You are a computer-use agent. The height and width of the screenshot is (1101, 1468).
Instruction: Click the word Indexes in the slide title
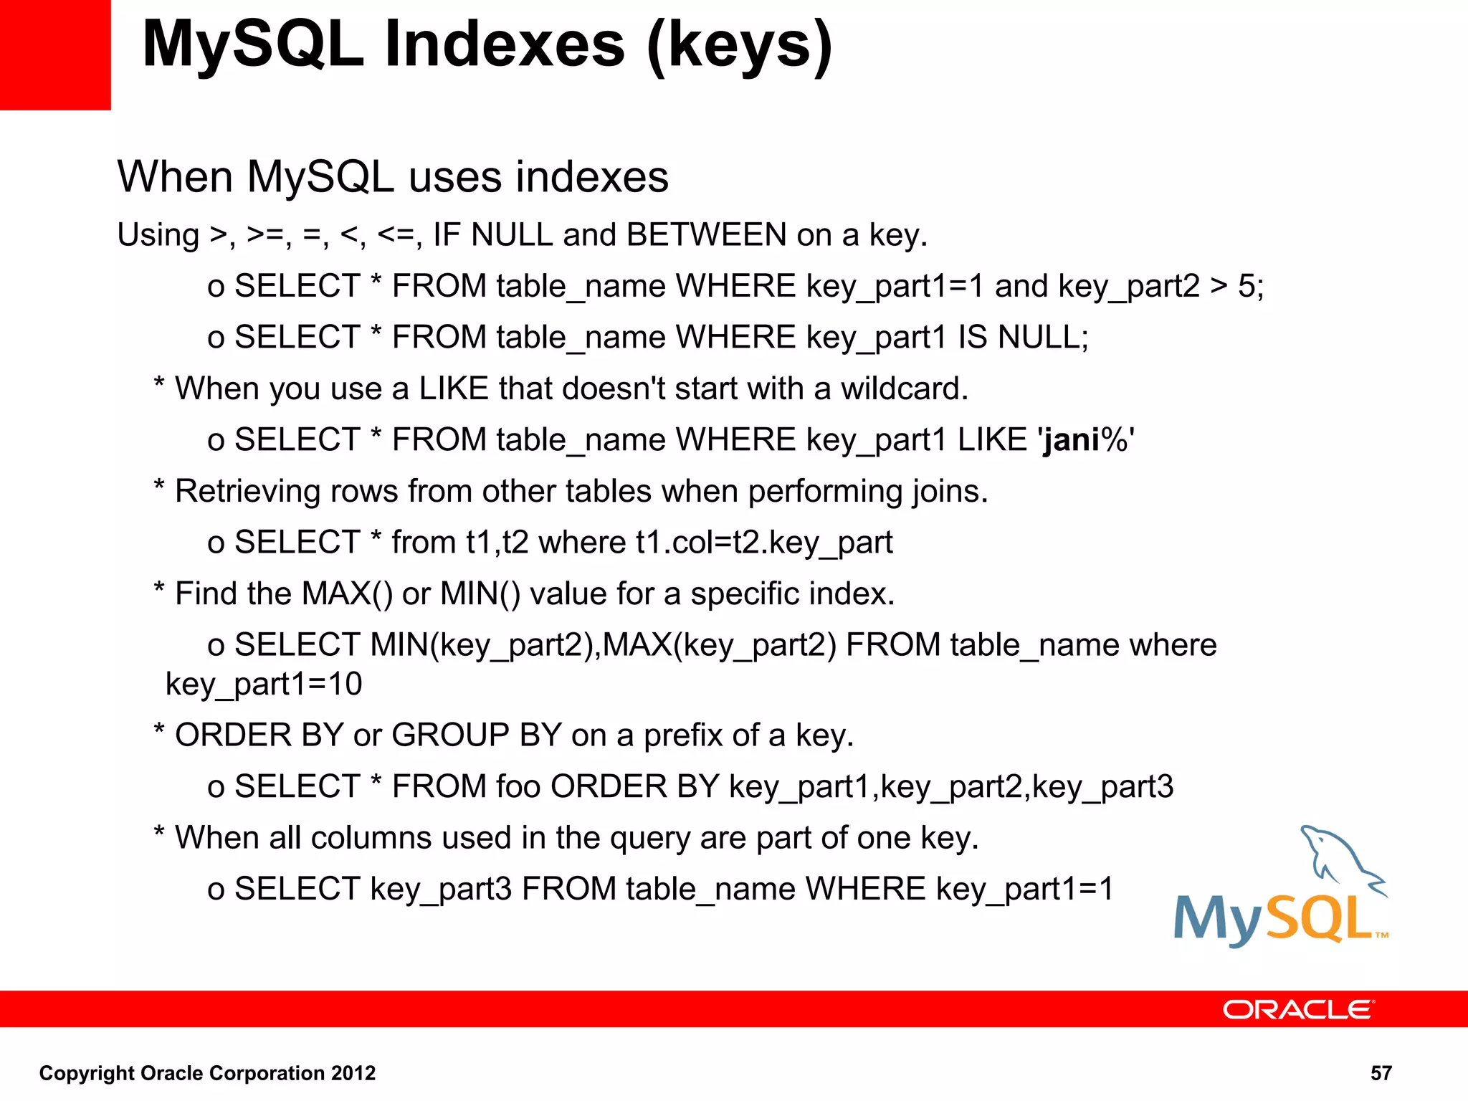click(x=505, y=44)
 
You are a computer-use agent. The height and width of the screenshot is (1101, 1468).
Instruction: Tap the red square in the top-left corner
click(x=55, y=54)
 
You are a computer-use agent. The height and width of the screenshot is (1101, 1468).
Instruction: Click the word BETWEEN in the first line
click(x=707, y=235)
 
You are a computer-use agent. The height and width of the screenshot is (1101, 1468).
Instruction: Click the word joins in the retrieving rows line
click(x=949, y=492)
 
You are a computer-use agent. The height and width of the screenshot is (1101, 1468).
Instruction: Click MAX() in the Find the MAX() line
click(x=347, y=594)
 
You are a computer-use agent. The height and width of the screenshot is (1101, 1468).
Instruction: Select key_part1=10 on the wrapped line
click(x=264, y=684)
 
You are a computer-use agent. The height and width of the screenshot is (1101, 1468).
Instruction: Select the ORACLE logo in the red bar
click(x=1298, y=1009)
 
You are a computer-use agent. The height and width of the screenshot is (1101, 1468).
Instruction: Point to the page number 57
click(x=1381, y=1073)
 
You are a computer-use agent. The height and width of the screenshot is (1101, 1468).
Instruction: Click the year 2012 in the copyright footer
click(x=353, y=1073)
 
